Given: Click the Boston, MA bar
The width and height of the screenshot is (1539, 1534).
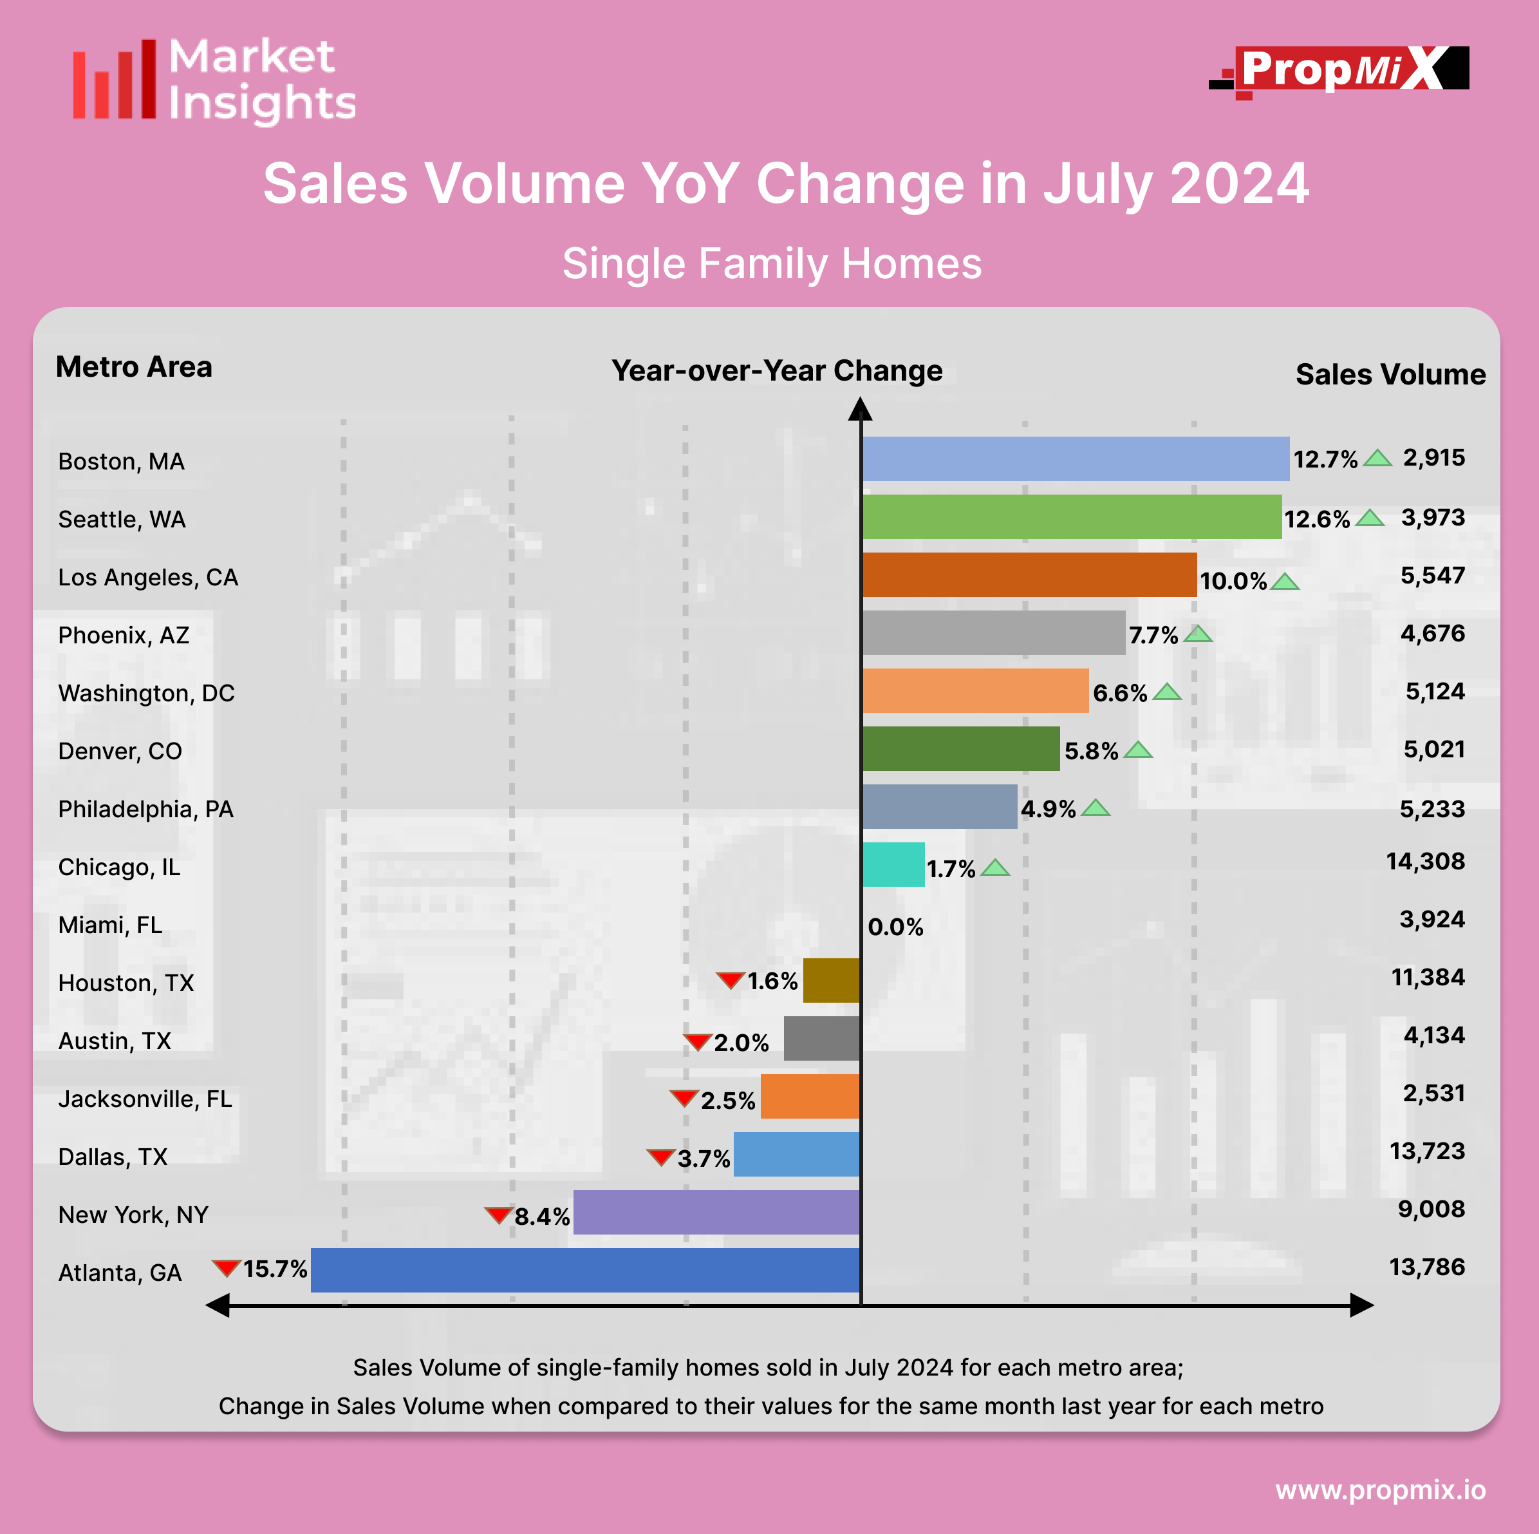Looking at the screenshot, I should point(1076,459).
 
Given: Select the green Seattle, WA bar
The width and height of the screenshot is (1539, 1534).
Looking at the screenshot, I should point(1072,517).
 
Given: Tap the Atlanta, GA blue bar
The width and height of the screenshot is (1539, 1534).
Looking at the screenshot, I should point(586,1270).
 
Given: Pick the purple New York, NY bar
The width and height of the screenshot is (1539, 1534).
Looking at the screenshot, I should point(716,1212).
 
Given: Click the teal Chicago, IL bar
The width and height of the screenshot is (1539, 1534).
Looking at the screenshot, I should point(893,865).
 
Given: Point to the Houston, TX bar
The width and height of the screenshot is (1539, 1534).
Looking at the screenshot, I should point(831,980).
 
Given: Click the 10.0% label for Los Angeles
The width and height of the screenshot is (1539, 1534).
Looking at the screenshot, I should point(1233,581).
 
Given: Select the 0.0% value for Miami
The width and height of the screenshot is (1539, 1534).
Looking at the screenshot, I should point(895,927).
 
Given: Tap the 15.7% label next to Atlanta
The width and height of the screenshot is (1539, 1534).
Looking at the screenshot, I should point(275,1269).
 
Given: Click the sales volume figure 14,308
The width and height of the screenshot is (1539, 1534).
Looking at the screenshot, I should point(1425,862).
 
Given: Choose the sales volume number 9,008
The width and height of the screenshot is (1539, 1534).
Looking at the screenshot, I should point(1431,1209).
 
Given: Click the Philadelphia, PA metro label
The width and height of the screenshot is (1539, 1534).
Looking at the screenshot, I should point(145,809).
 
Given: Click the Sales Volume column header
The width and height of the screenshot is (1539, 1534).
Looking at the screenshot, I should point(1390,375).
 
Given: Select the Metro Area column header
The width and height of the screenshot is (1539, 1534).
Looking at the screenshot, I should point(134,367).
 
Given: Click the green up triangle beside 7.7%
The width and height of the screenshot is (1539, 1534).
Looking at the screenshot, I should point(1197,634).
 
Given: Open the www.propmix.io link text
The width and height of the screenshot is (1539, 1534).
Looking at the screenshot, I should point(1381,1490).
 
